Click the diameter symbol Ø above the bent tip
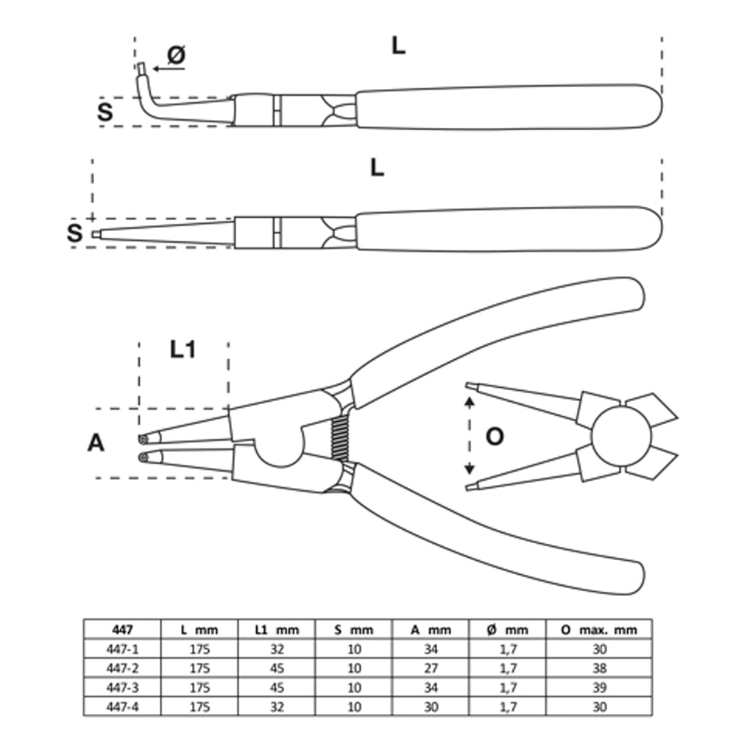tap(176, 54)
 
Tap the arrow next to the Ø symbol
tap(169, 69)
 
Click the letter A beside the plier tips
tap(96, 443)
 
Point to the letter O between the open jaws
tap(495, 436)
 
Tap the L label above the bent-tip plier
tap(397, 46)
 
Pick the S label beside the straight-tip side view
tap(74, 234)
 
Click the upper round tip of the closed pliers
tap(143, 439)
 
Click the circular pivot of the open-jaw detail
tap(620, 436)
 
